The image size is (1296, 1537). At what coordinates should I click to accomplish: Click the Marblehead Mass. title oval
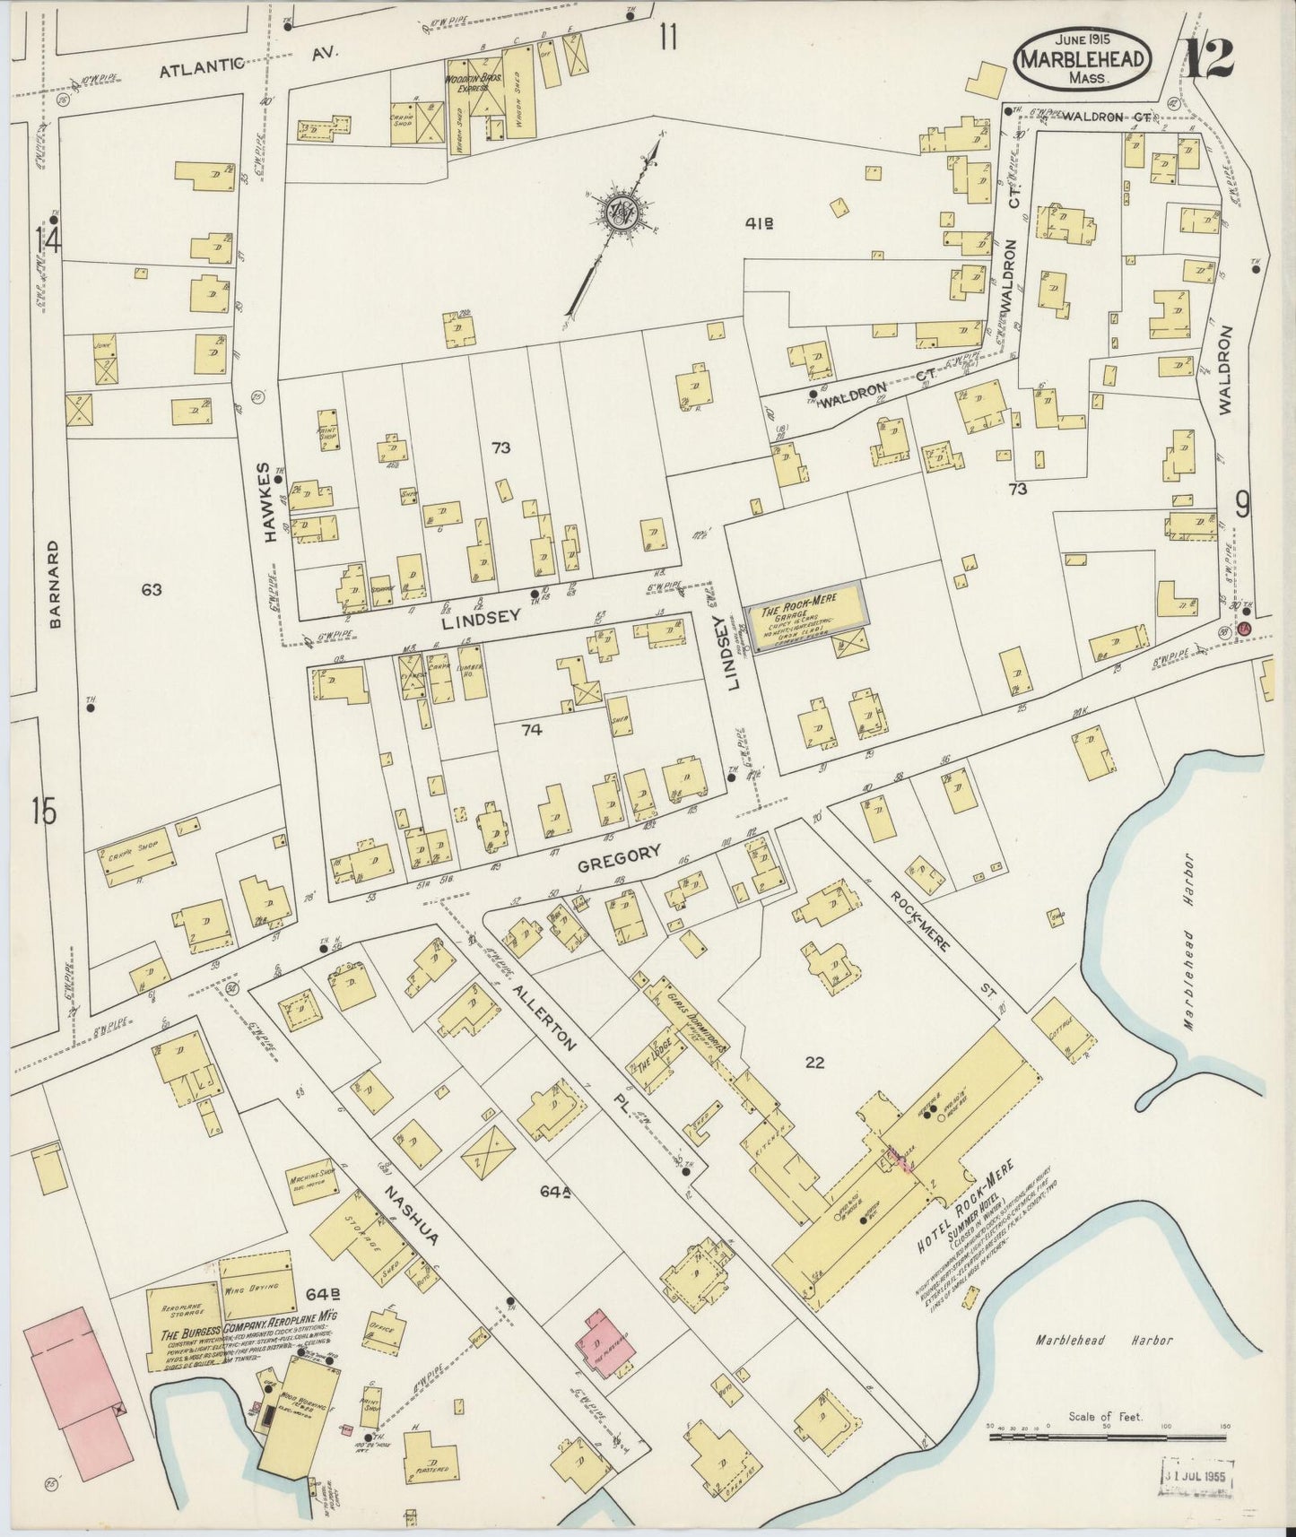coord(1083,58)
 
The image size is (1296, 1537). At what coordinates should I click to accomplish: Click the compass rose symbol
coord(619,213)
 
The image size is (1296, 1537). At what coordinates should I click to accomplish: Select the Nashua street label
coord(412,1215)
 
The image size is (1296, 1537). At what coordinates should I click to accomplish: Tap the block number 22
coord(814,1064)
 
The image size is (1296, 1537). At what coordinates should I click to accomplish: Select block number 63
coord(151,589)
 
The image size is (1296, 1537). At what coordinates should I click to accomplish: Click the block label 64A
coord(556,1192)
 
